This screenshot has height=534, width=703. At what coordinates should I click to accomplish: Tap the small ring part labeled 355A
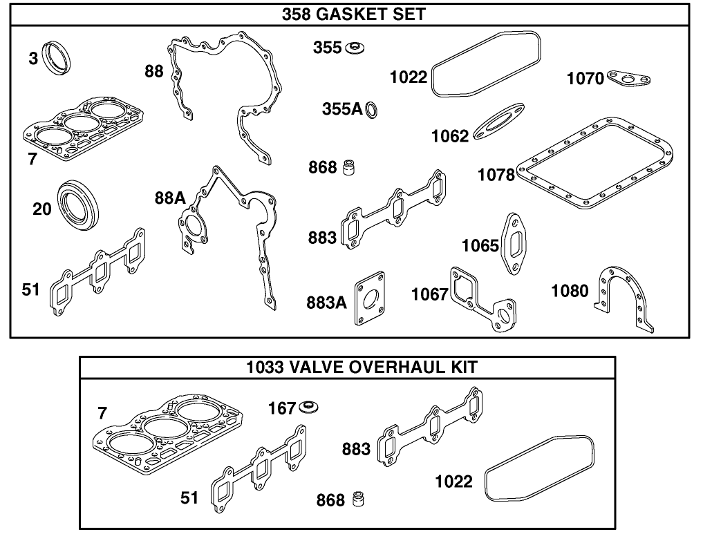[x=371, y=109]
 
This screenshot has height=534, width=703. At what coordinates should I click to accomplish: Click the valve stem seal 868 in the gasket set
[x=352, y=167]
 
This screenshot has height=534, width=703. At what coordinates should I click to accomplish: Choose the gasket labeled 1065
[x=516, y=243]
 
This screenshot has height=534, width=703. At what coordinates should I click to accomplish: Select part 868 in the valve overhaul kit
[x=359, y=498]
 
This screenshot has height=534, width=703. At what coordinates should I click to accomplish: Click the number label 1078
[x=496, y=175]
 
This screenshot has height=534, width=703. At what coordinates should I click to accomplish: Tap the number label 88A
[x=170, y=199]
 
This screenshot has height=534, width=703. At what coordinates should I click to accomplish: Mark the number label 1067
[x=429, y=295]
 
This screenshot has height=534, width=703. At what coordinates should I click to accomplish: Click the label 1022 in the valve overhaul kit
[x=453, y=481]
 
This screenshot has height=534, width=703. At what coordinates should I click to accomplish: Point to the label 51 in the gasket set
[x=31, y=290]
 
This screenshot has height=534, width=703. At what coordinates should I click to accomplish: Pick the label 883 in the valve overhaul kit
[x=356, y=449]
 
